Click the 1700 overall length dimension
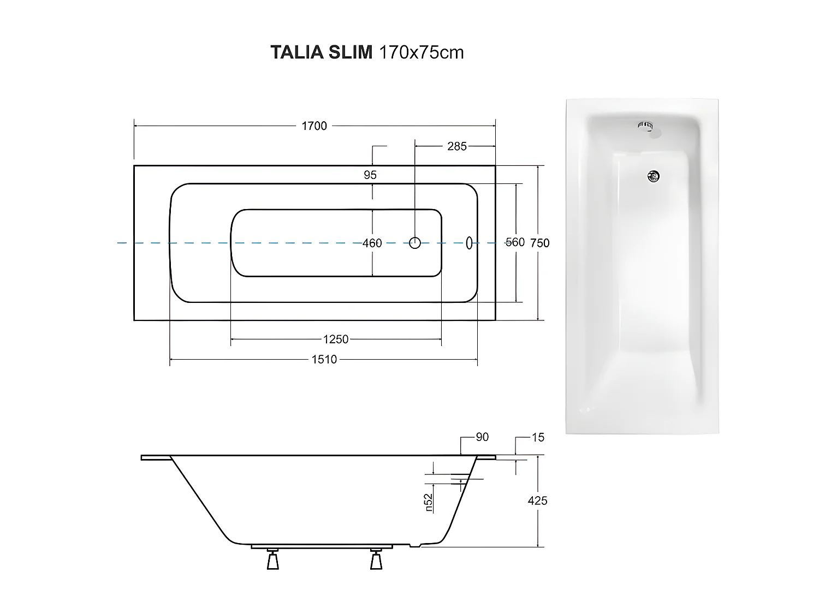314,126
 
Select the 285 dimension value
457,146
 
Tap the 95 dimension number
370,175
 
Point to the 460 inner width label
372,243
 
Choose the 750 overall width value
540,243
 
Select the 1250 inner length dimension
336,339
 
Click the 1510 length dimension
324,360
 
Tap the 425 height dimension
537,500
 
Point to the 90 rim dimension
482,437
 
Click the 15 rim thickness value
538,438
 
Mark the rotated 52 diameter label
429,503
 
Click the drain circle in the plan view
415,243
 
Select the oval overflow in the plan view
468,243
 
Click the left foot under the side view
273,560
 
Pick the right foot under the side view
376,560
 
